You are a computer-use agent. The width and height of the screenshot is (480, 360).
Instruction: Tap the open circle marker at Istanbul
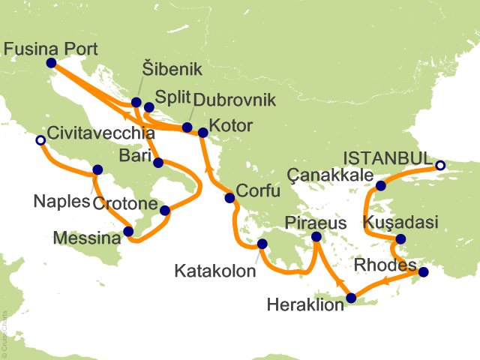[440, 166]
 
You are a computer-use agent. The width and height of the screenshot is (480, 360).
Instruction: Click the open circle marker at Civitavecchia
[40, 139]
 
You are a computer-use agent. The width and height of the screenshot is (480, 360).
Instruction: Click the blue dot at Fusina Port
[51, 64]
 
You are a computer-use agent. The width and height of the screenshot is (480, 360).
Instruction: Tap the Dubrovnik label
[235, 100]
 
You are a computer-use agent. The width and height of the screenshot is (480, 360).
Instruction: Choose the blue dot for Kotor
[202, 133]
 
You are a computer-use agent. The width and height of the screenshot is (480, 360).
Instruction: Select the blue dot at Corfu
[229, 198]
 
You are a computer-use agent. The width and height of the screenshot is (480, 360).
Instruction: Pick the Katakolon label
[214, 268]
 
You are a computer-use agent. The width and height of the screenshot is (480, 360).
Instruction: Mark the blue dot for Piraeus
[316, 237]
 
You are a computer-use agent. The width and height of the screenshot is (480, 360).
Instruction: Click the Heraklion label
[306, 304]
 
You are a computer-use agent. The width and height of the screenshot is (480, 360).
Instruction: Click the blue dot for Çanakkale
[381, 186]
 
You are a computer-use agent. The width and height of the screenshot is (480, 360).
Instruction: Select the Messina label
[86, 239]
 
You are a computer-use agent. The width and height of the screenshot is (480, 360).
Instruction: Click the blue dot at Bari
[158, 163]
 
